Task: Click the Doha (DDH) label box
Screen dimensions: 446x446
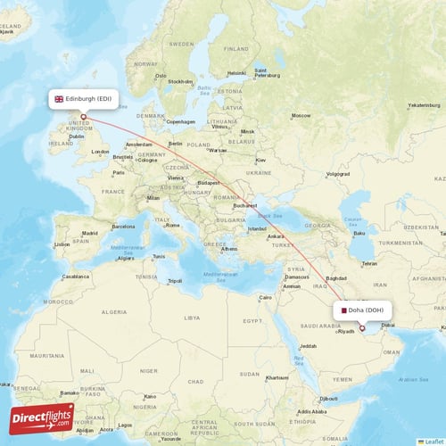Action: click(362, 310)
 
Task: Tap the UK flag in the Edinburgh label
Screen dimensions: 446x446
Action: click(60, 99)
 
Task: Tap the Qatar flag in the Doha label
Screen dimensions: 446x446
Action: click(342, 310)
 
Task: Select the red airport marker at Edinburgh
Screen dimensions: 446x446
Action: click(84, 115)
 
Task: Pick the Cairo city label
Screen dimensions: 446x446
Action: click(265, 297)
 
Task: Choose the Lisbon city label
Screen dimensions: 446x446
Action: click(62, 244)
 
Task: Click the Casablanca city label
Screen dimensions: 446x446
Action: click(75, 277)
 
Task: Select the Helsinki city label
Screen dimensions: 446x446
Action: click(236, 72)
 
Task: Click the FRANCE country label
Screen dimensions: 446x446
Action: click(112, 191)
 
